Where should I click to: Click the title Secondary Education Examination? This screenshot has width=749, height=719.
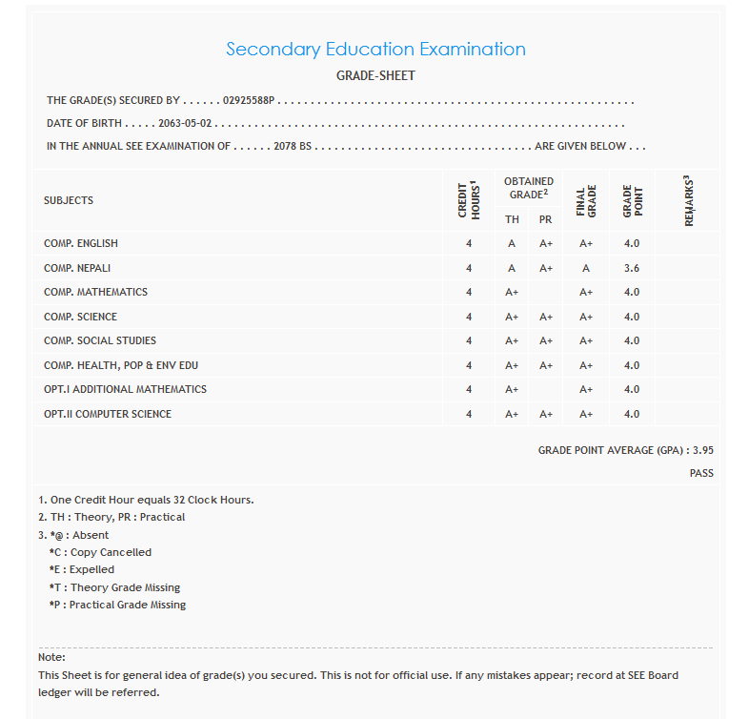(375, 50)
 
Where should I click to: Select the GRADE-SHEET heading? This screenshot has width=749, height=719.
(375, 75)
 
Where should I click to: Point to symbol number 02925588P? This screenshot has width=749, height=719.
(249, 100)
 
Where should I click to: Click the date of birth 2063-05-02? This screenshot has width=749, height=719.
(185, 124)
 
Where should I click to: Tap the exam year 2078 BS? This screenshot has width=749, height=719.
(293, 147)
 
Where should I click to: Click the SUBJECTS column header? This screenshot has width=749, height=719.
(69, 200)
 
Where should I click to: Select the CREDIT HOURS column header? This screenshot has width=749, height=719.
(469, 200)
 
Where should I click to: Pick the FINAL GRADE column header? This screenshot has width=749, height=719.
(586, 200)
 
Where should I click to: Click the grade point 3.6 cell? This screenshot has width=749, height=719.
(631, 268)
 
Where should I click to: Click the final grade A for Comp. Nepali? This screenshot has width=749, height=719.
(586, 268)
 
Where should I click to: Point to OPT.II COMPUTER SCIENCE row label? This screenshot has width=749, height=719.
(108, 414)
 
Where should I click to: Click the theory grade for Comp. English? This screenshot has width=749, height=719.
(512, 243)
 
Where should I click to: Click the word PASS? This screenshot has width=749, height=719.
(701, 473)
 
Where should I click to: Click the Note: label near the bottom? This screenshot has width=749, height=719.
(51, 658)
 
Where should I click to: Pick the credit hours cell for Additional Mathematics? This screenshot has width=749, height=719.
(469, 389)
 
